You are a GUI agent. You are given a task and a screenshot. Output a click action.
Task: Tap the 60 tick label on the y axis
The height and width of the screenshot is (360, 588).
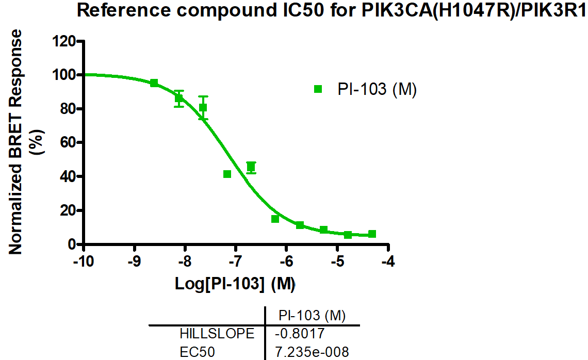(x=69, y=143)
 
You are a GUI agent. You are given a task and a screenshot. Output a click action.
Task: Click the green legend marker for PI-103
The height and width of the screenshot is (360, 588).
(x=318, y=89)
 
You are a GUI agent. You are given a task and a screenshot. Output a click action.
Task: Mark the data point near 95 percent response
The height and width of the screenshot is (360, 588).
(x=154, y=83)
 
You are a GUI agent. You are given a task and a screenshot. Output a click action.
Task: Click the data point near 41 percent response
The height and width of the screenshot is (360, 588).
(x=227, y=174)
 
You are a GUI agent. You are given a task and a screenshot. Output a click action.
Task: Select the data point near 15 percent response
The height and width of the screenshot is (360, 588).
(x=275, y=219)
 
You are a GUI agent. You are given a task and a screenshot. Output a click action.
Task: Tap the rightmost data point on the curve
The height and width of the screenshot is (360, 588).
(x=372, y=234)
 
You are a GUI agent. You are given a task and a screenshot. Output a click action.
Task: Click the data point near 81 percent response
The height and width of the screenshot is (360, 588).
(x=203, y=107)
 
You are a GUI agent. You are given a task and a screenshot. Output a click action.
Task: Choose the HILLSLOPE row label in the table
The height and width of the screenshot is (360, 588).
(x=217, y=334)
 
